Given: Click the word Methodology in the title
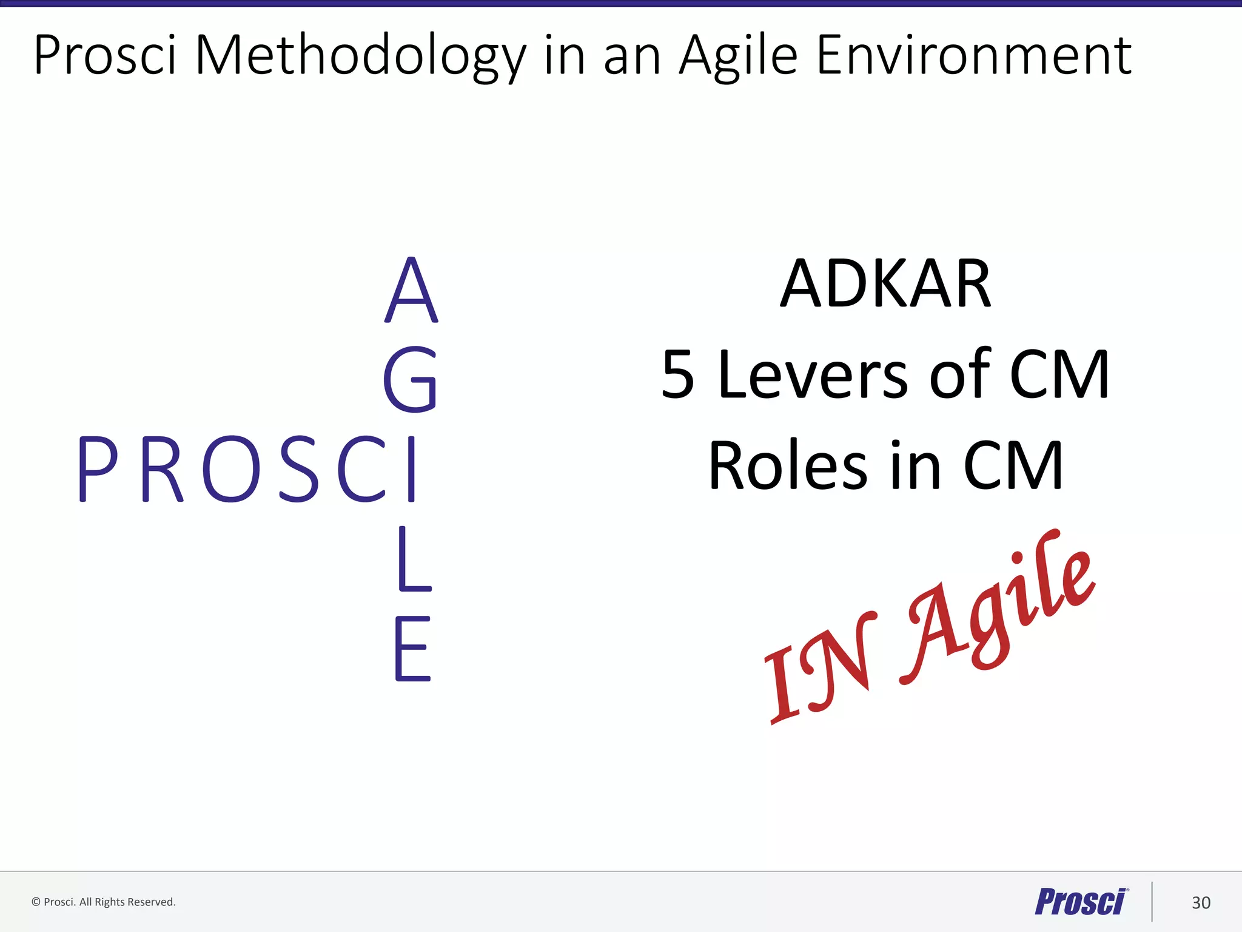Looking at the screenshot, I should (x=360, y=56).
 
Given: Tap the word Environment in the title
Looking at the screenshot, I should (x=974, y=56).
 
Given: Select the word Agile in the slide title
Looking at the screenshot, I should (x=738, y=56).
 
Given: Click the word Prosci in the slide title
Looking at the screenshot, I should (x=105, y=56).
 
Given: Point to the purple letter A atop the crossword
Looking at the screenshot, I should (x=411, y=290).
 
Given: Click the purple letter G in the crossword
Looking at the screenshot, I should (x=411, y=379).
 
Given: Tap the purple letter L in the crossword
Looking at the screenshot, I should (x=414, y=559).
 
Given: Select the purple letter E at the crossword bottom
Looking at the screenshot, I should (x=412, y=649).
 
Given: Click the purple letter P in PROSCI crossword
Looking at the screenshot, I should (x=98, y=469).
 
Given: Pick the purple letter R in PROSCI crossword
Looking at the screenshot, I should (x=162, y=469).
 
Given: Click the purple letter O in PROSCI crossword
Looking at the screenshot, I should (x=231, y=469).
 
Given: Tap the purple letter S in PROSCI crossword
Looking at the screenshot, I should (x=299, y=469).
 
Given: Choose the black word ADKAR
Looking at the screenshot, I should (x=885, y=284).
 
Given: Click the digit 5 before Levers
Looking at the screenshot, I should (x=677, y=376).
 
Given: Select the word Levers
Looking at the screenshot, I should (x=813, y=376).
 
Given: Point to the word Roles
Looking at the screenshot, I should (x=788, y=466).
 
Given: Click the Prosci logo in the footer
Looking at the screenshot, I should (x=1081, y=902).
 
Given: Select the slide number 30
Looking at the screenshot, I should (x=1201, y=903).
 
